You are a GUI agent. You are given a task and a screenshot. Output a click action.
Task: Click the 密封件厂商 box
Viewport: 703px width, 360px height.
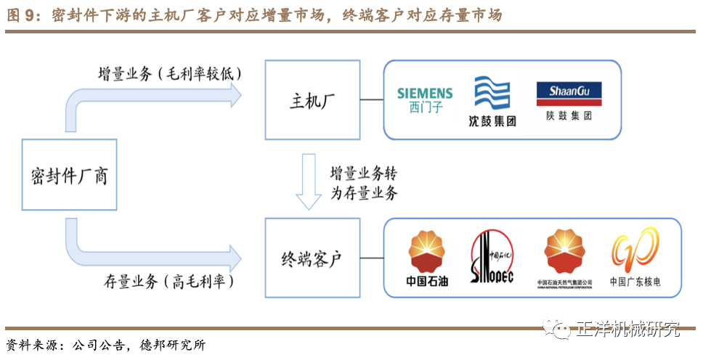click(69, 174)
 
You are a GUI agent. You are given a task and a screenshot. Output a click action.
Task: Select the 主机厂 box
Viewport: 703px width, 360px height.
click(312, 100)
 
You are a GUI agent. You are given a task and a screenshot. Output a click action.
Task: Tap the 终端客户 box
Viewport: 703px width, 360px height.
click(312, 257)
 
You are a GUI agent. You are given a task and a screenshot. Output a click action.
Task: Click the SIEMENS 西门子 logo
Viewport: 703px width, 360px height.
click(425, 100)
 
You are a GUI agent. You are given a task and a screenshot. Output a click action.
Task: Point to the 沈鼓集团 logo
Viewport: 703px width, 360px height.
click(492, 101)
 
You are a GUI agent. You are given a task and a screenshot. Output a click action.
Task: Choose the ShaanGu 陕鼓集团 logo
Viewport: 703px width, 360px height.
click(569, 100)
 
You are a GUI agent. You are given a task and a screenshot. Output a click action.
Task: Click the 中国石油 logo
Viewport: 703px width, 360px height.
click(427, 258)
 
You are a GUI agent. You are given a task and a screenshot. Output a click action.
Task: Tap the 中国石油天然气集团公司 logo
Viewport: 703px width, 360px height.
click(564, 258)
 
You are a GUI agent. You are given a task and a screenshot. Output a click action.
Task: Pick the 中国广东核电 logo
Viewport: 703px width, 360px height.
click(635, 258)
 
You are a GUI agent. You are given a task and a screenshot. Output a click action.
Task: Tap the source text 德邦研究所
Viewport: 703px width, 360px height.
click(174, 345)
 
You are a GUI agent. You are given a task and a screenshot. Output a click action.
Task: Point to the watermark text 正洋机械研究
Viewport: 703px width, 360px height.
click(627, 330)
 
